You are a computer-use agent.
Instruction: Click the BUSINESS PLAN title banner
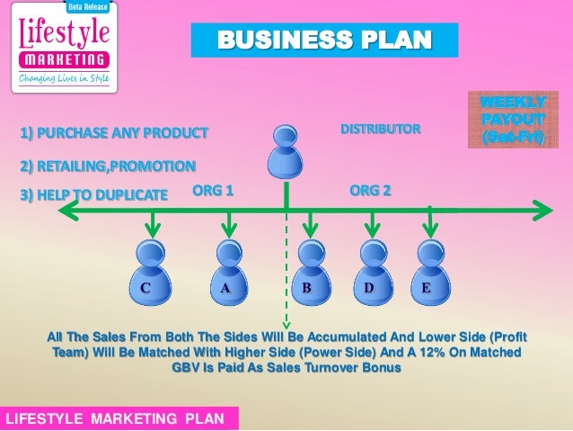click(x=323, y=40)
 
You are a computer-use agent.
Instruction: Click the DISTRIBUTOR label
click(x=380, y=130)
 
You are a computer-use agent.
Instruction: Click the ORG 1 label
click(x=213, y=191)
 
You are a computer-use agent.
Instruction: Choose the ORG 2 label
click(x=369, y=191)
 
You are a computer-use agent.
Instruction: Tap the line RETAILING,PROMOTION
click(x=107, y=166)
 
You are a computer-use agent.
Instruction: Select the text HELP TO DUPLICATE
click(x=93, y=193)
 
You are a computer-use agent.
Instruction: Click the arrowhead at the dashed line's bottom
click(x=286, y=324)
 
